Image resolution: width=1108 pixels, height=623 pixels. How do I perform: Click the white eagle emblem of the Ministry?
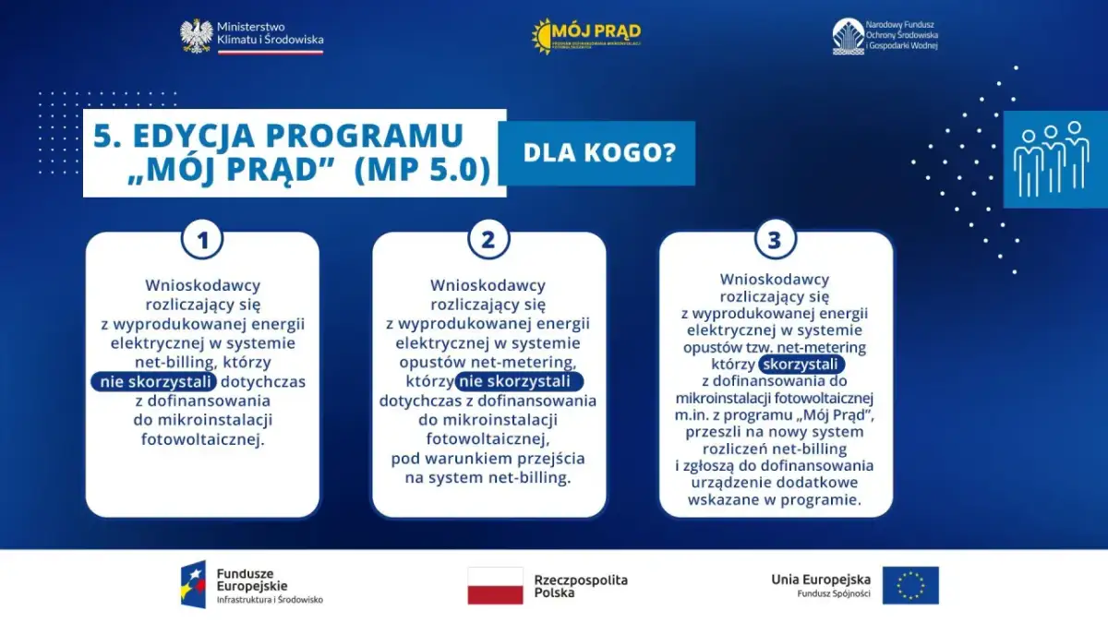(x=196, y=35)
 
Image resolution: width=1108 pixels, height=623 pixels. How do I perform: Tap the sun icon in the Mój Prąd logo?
(x=543, y=36)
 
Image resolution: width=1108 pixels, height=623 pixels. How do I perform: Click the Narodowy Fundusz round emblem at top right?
(x=848, y=36)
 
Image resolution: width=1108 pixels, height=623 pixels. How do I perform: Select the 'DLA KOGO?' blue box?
(x=596, y=153)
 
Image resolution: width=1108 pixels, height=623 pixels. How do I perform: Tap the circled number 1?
(x=202, y=240)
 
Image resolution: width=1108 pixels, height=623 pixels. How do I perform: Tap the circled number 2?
(x=488, y=240)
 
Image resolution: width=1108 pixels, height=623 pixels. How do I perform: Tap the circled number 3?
(x=775, y=240)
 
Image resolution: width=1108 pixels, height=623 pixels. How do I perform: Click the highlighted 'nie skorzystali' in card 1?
(x=152, y=381)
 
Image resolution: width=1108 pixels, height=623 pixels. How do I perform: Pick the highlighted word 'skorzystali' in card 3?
(x=801, y=365)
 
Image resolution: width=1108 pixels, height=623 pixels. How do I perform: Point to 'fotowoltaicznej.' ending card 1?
(x=202, y=439)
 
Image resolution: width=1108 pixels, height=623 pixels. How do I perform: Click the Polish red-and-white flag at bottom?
(x=495, y=585)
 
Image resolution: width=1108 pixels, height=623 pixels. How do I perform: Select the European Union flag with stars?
(x=909, y=585)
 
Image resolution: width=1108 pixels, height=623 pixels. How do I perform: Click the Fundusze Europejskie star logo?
(x=193, y=585)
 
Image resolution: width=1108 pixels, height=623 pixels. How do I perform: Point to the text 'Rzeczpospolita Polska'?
(x=580, y=585)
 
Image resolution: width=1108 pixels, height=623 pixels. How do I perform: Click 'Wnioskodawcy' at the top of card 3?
(x=775, y=279)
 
